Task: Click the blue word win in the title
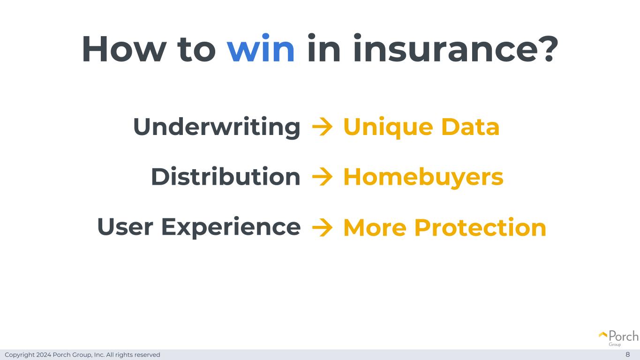pyautogui.click(x=261, y=48)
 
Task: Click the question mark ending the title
pyautogui.click(x=550, y=48)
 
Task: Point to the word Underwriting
pyautogui.click(x=217, y=127)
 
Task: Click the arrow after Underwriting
pyautogui.click(x=322, y=127)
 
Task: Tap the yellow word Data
pyautogui.click(x=471, y=127)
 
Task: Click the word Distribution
pyautogui.click(x=226, y=176)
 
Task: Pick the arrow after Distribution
pyautogui.click(x=322, y=177)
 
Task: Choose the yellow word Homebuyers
pyautogui.click(x=423, y=178)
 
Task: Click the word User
pyautogui.click(x=125, y=227)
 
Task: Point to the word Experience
pyautogui.click(x=231, y=228)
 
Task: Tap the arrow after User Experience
pyautogui.click(x=322, y=227)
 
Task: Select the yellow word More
pyautogui.click(x=375, y=228)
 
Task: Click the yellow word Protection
pyautogui.click(x=480, y=227)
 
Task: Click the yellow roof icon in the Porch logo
pyautogui.click(x=603, y=335)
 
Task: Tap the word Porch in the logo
pyautogui.click(x=624, y=336)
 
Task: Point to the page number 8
pyautogui.click(x=628, y=354)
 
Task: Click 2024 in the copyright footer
pyautogui.click(x=44, y=354)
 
